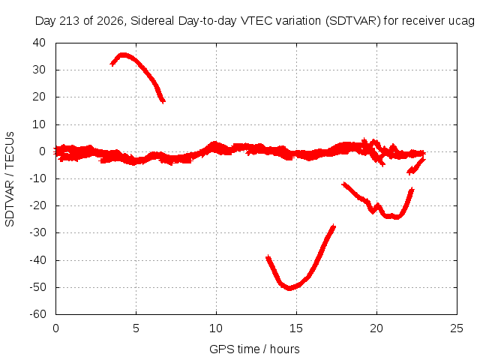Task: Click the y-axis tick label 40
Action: tap(39, 43)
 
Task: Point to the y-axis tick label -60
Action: tap(37, 314)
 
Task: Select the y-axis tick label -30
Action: tap(37, 232)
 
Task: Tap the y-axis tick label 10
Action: tap(39, 124)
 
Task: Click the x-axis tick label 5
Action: tap(136, 328)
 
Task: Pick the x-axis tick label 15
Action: tap(296, 328)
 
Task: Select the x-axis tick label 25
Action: tap(457, 328)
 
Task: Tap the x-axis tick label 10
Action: tap(216, 328)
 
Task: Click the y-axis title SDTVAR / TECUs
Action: tap(10, 179)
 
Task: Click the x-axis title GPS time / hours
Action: tap(254, 349)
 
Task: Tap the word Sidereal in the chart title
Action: tap(152, 21)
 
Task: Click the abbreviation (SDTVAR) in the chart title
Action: tap(353, 21)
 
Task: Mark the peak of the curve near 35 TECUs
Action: tap(123, 55)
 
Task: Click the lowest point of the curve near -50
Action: tap(289, 288)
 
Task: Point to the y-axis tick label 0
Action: tap(42, 151)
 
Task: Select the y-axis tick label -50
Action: tap(37, 287)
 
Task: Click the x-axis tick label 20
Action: tap(376, 328)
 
